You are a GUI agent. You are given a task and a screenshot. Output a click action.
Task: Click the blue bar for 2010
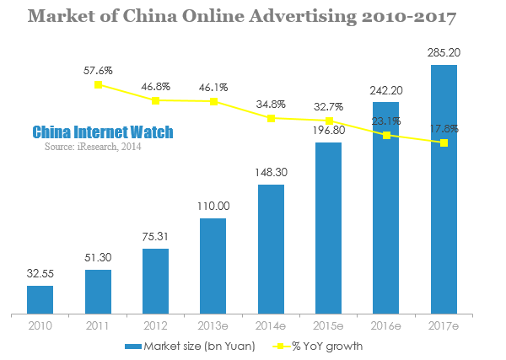40,298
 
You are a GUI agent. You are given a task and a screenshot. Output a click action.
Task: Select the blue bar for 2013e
213,265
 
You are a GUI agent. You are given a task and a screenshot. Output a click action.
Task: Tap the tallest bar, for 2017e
444,188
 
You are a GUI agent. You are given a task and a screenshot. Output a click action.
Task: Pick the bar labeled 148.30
271,248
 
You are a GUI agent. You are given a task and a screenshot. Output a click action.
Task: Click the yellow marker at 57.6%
99,84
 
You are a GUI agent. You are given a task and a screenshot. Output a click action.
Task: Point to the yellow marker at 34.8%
271,118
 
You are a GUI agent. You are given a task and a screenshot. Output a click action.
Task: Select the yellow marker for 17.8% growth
444,142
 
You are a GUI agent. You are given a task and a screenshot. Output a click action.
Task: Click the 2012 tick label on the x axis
155,325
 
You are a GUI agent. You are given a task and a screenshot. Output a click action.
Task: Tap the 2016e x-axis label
385,325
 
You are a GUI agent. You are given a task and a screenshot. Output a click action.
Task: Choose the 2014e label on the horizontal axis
271,325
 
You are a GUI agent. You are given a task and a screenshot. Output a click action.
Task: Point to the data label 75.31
155,237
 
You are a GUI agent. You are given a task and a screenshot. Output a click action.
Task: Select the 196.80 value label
328,131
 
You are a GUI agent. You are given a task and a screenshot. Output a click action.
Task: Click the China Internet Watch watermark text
103,132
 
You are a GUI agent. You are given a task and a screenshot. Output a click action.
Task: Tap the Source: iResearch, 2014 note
93,147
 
